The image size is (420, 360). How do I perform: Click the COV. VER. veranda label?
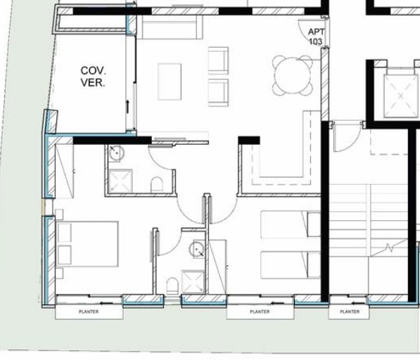coord(93,76)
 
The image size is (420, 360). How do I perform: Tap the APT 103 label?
coord(316,37)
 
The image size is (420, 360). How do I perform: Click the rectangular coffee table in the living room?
coord(170,82)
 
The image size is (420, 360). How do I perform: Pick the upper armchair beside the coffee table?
coord(219,59)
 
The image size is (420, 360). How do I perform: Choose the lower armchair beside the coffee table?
coord(219,91)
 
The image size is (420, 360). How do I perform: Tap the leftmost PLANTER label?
coord(89,311)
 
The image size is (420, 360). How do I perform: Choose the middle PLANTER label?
coord(260,311)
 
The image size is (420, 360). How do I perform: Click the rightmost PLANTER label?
coord(350,311)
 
